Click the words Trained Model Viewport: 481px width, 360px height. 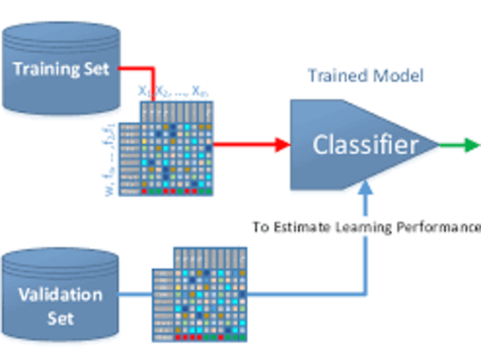(365, 75)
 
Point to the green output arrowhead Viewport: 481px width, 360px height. (472, 144)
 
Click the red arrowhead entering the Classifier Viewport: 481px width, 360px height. (283, 144)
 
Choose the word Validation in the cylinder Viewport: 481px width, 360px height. (60, 295)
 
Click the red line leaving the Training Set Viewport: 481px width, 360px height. (137, 68)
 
